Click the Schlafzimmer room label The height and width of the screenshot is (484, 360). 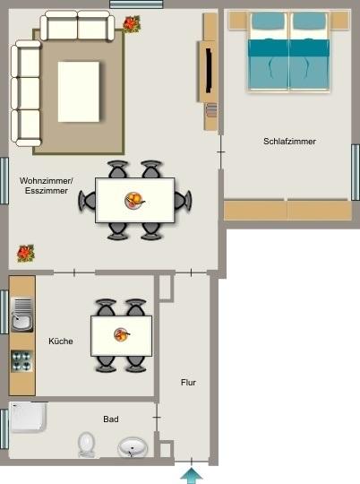click(289, 142)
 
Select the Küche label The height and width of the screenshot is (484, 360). click(61, 341)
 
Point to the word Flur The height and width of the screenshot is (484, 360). click(188, 383)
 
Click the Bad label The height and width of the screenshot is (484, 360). click(111, 419)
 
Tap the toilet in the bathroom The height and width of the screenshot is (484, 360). click(87, 443)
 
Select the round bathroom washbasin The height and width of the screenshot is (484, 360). click(134, 446)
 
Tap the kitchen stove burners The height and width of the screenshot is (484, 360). click(21, 360)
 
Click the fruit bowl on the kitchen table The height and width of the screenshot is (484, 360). click(121, 335)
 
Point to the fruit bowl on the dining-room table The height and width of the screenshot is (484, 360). click(134, 199)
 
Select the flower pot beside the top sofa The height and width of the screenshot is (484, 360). click(132, 24)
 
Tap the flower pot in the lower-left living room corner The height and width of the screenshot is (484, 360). click(25, 253)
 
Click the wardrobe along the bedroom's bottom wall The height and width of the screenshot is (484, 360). click(286, 210)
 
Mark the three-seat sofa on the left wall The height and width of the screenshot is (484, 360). click(26, 93)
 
